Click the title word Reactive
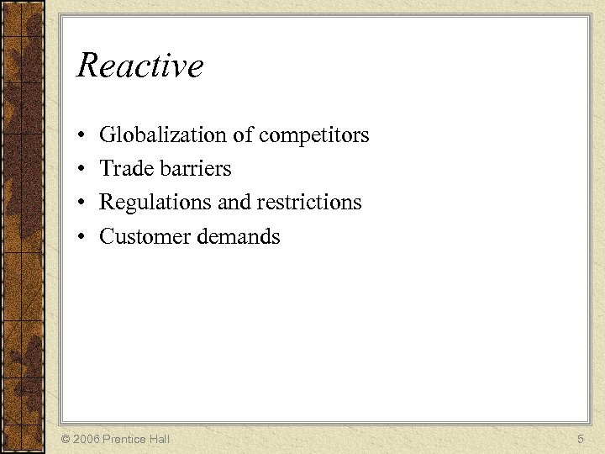point(139,66)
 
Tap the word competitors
point(314,135)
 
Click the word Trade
point(123,168)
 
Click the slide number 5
point(581,439)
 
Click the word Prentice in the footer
point(124,439)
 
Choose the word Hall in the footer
point(160,439)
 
